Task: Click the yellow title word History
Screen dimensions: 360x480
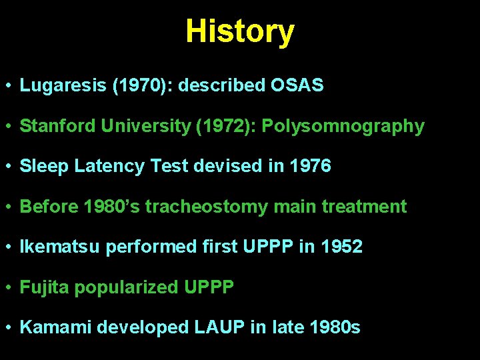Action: pyautogui.click(x=239, y=31)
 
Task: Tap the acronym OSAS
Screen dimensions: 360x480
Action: pyautogui.click(x=297, y=85)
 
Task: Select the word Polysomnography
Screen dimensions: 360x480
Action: pyautogui.click(x=343, y=126)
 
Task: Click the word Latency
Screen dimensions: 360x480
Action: pyautogui.click(x=109, y=166)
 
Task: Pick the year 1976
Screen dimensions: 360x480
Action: pyautogui.click(x=311, y=166)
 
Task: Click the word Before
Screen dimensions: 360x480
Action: pyautogui.click(x=49, y=207)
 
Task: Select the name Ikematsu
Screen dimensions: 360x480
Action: pyautogui.click(x=61, y=247)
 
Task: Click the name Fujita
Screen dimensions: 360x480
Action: pyautogui.click(x=45, y=287)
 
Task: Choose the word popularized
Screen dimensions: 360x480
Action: pyautogui.click(x=127, y=287)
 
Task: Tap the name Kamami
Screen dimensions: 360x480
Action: pyautogui.click(x=56, y=327)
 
